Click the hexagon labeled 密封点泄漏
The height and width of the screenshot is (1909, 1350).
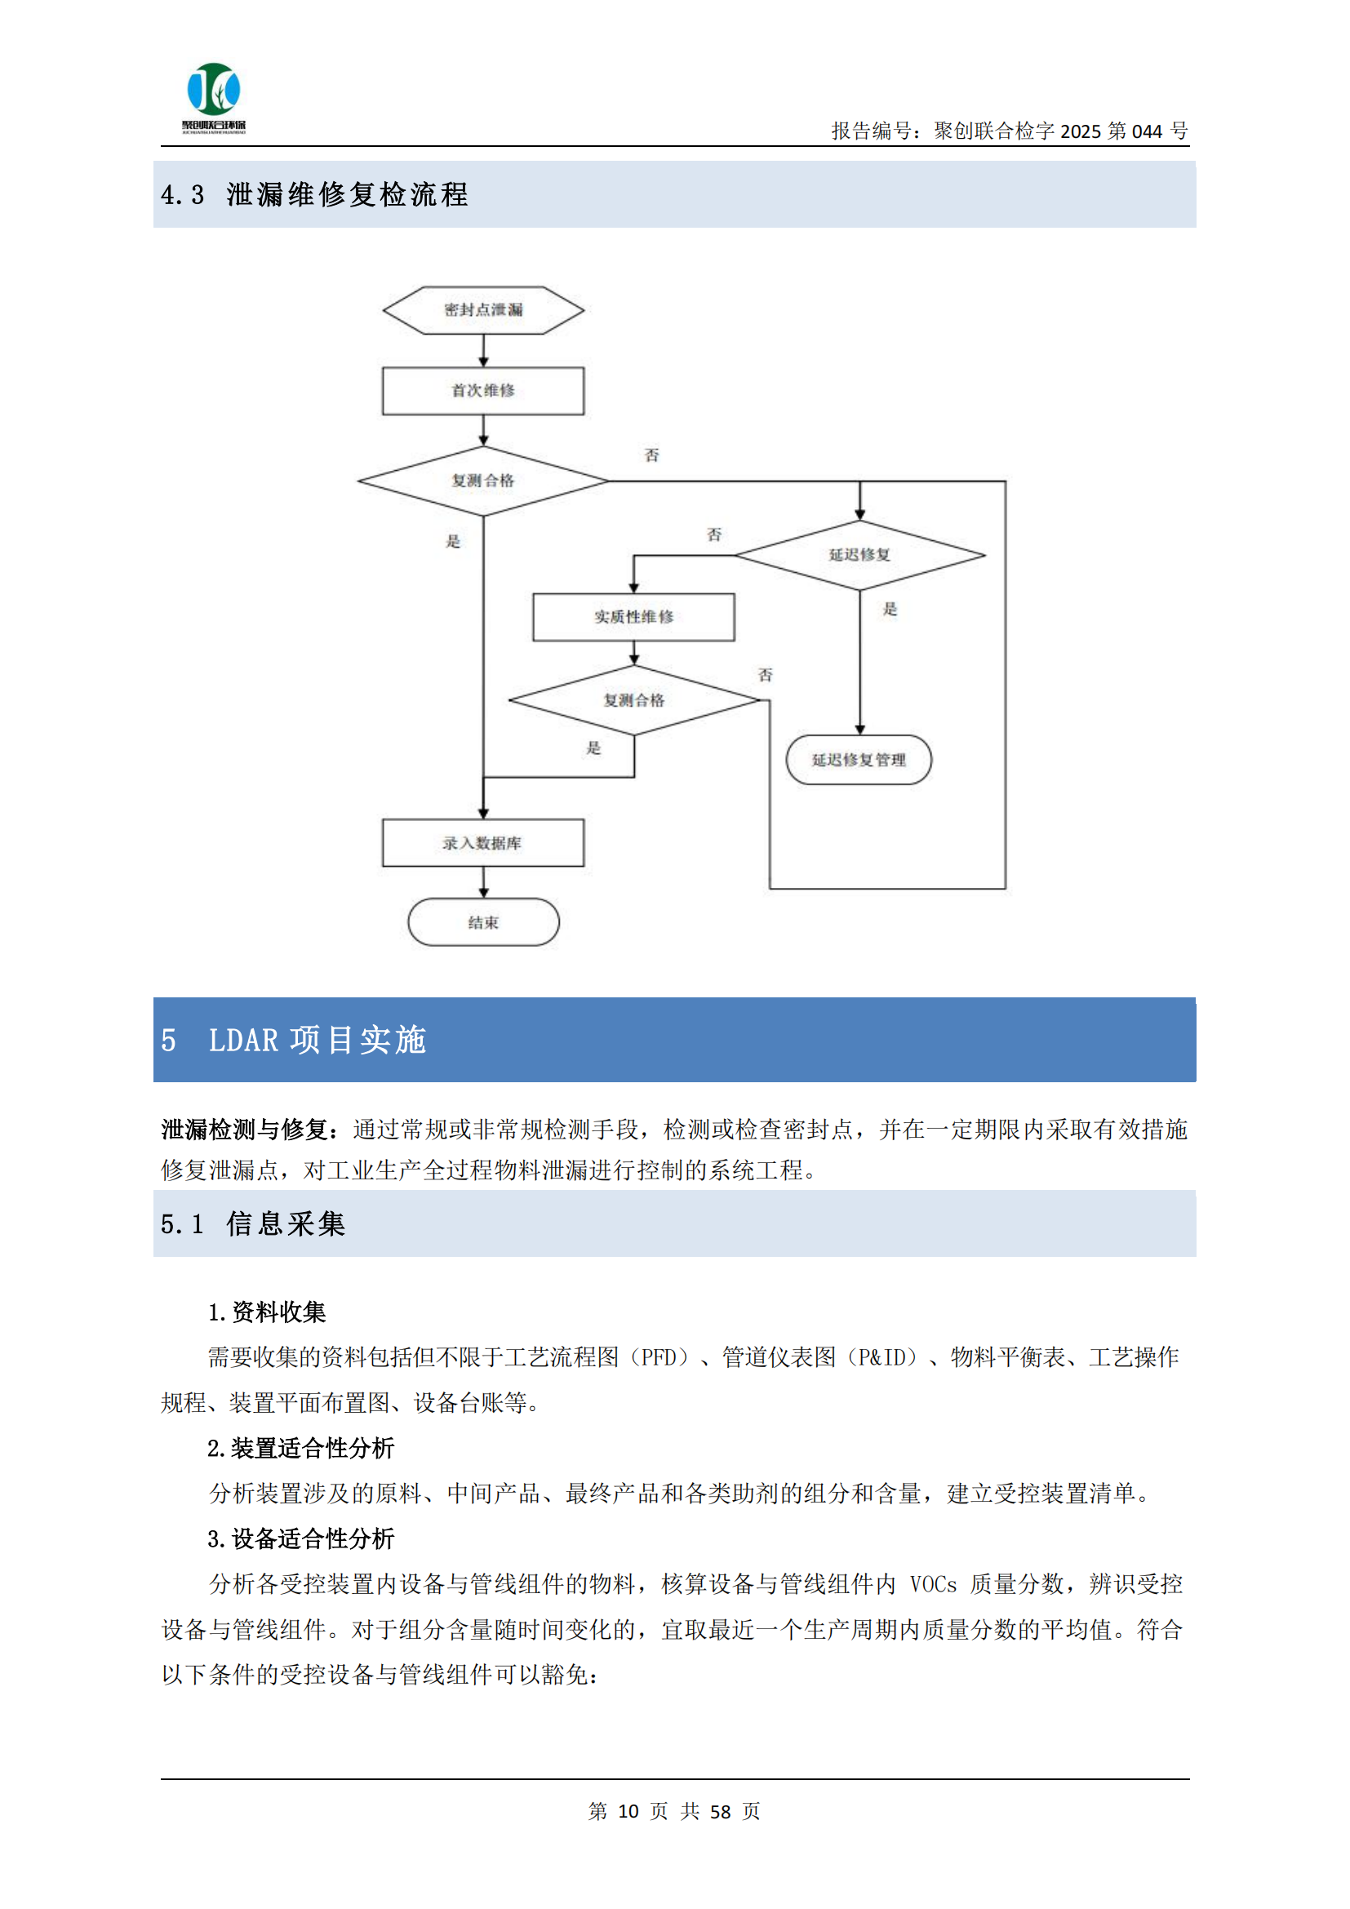(x=483, y=310)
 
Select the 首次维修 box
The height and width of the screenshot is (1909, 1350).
(x=483, y=391)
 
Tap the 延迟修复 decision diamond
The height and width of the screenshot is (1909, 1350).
(x=859, y=554)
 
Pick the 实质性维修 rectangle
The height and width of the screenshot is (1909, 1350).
(x=633, y=617)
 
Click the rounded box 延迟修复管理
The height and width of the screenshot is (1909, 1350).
(x=859, y=760)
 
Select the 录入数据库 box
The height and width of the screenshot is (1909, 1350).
(x=483, y=843)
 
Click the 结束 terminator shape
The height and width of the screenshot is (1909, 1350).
(x=483, y=922)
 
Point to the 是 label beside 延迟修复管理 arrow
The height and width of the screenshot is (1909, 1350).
(x=890, y=610)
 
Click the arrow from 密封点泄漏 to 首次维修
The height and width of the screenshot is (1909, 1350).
(x=483, y=351)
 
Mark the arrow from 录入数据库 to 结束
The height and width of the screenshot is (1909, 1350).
(x=483, y=882)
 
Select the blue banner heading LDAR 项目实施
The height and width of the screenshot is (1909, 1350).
(x=317, y=1040)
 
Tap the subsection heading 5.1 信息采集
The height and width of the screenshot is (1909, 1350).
(x=253, y=1224)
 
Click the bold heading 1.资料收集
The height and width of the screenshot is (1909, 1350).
(x=267, y=1312)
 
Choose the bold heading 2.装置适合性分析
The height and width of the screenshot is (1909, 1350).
(x=301, y=1449)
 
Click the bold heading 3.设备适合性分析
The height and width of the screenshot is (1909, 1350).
(x=301, y=1539)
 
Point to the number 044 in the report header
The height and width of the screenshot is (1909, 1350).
(x=1146, y=131)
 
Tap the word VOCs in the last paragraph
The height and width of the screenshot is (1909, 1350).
(x=933, y=1585)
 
